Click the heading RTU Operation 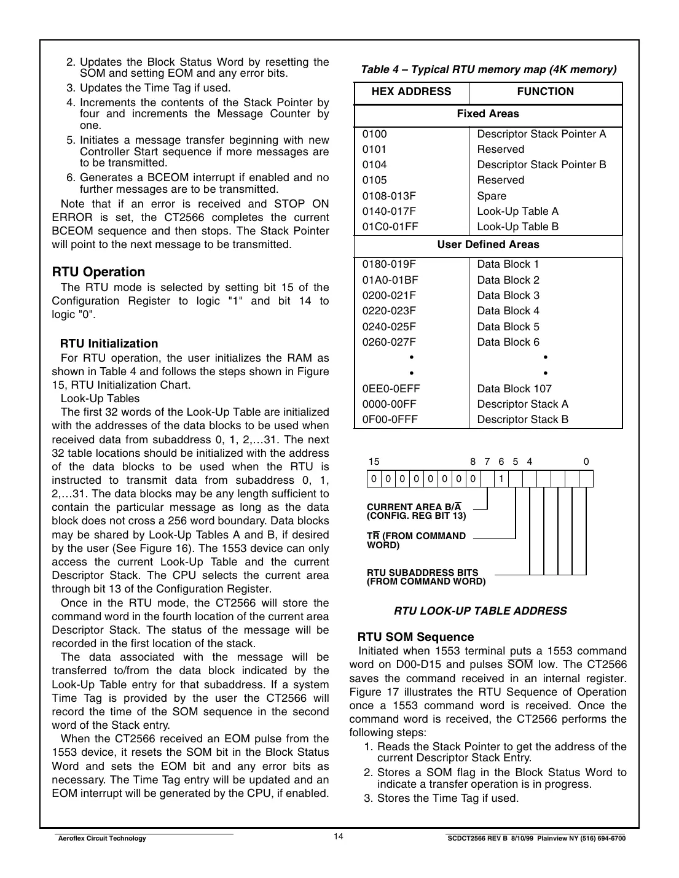pos(98,272)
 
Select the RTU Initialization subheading pos(109,344)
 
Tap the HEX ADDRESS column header pos(411,92)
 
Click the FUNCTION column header pos(545,92)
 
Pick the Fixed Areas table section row pos(488,114)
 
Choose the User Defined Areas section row pos(488,245)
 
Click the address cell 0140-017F pos(389,211)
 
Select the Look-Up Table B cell pos(517,227)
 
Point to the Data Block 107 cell pos(514,389)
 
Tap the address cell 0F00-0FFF pos(390,419)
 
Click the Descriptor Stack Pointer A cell pos(541,134)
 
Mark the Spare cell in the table pos(492,196)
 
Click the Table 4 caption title pos(489,69)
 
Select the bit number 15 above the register pos(374,462)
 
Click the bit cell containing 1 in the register pos(501,479)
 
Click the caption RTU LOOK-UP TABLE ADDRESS pos(480,611)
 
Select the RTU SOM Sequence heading pos(415,637)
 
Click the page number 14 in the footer pos(339,837)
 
